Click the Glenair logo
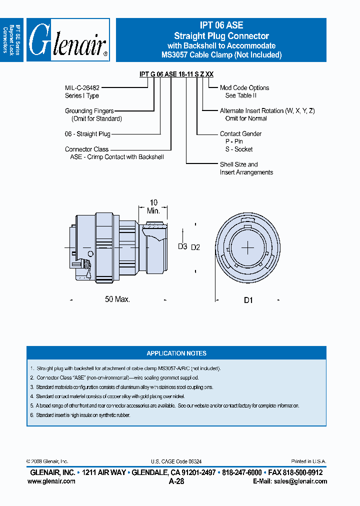pyautogui.click(x=68, y=40)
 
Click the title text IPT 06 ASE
pyautogui.click(x=221, y=25)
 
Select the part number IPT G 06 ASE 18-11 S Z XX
pyautogui.click(x=176, y=74)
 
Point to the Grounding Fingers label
pyautogui.click(x=89, y=111)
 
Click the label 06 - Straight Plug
pyautogui.click(x=87, y=134)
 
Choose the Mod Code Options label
pyautogui.click(x=244, y=87)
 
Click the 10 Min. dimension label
pyautogui.click(x=153, y=206)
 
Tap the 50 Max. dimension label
pyautogui.click(x=117, y=299)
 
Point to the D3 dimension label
pyautogui.click(x=182, y=246)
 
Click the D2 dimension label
pyautogui.click(x=195, y=247)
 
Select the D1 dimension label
pyautogui.click(x=248, y=300)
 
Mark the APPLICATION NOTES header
pyautogui.click(x=176, y=353)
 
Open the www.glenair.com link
pyautogui.click(x=51, y=481)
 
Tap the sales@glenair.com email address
pyautogui.click(x=299, y=481)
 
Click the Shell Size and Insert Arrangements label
pyautogui.click(x=246, y=168)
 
